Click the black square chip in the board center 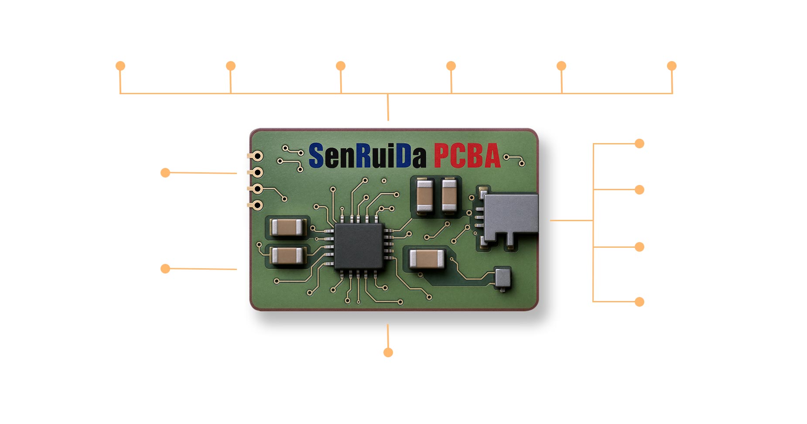[359, 246]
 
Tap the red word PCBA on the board [467, 156]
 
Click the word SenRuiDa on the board [367, 156]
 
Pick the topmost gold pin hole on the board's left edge [258, 156]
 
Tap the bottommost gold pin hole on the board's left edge [258, 205]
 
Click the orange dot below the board [388, 352]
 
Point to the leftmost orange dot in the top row [120, 66]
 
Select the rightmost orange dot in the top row [672, 66]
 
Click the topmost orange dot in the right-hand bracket [639, 144]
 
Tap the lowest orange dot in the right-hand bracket [639, 301]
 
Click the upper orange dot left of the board [165, 173]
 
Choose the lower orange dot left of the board [165, 269]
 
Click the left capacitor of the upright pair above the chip [424, 195]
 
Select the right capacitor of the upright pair [449, 195]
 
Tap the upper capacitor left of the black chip [287, 227]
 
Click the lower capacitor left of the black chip [287, 256]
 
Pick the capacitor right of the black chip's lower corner [427, 259]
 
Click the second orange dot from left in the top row [231, 66]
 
